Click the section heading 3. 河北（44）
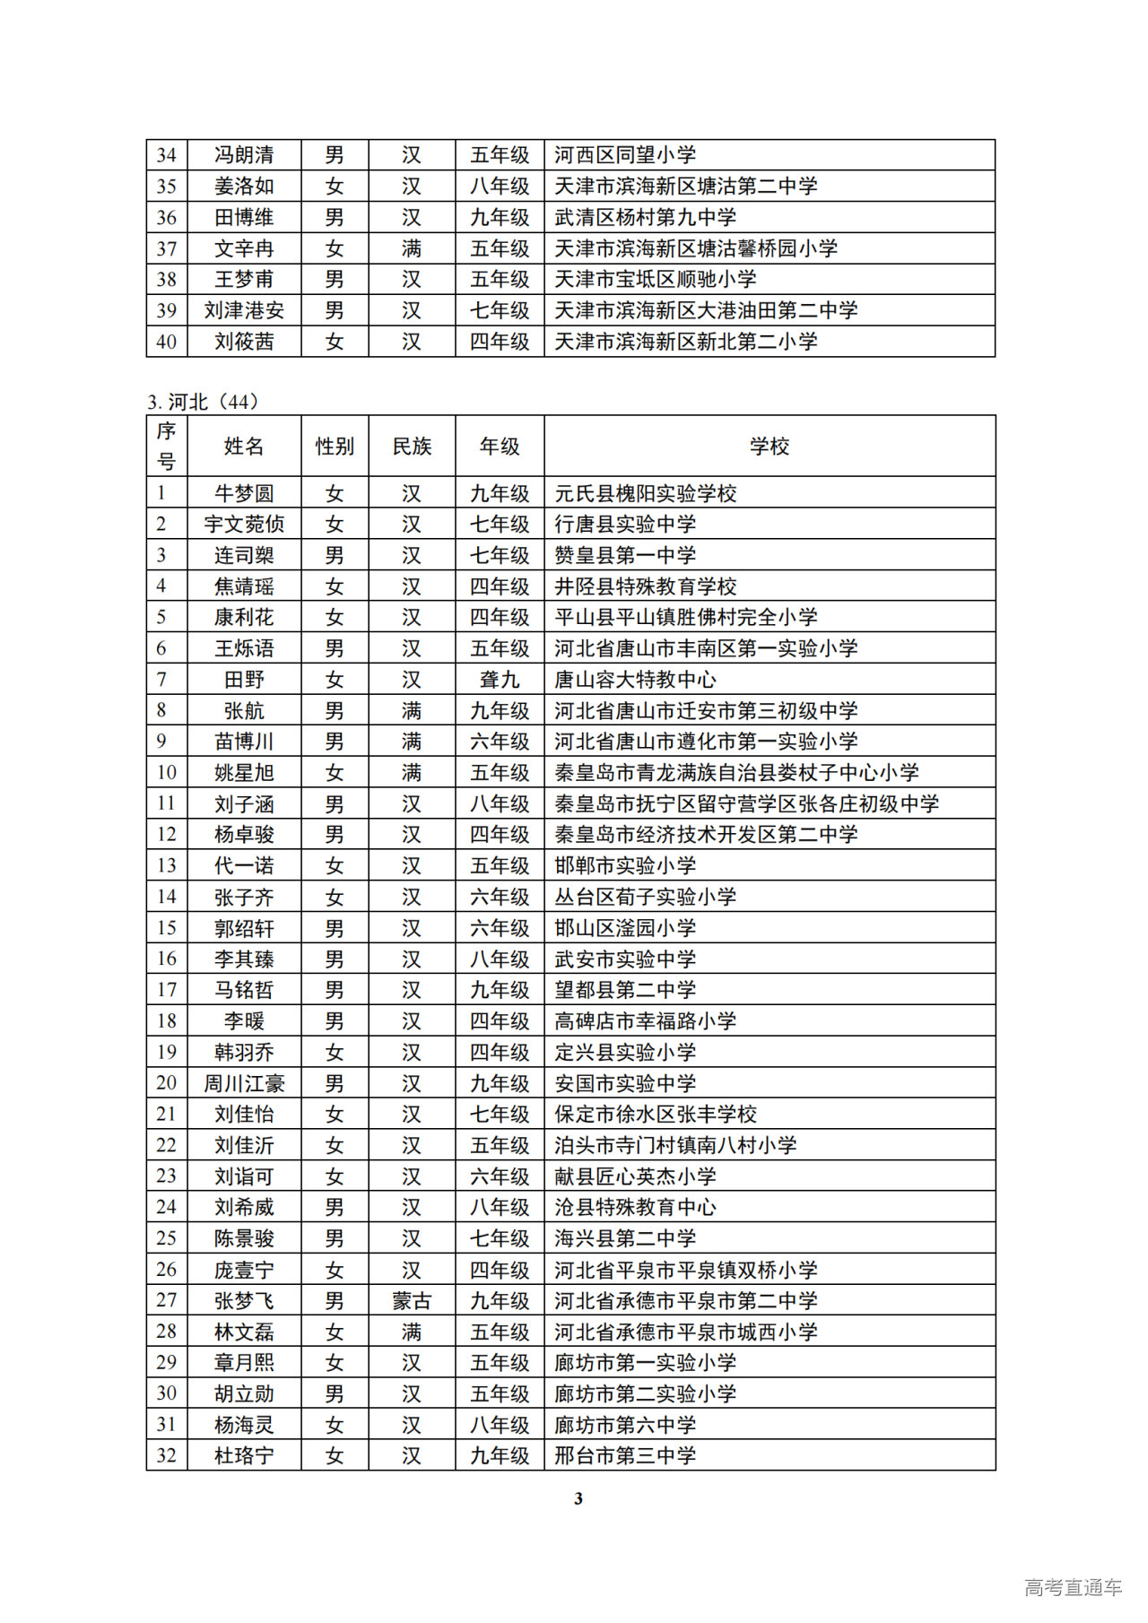click(x=204, y=402)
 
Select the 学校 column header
click(x=769, y=446)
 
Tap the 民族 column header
click(x=412, y=446)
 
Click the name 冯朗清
click(x=244, y=155)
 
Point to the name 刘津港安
click(x=244, y=310)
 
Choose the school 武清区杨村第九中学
click(x=645, y=217)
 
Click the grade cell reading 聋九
click(x=500, y=680)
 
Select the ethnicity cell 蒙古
click(x=412, y=1300)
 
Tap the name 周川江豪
click(x=244, y=1083)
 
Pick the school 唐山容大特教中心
click(x=635, y=680)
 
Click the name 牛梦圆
click(x=244, y=493)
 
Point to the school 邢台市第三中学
click(x=625, y=1455)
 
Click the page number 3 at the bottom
click(x=578, y=1498)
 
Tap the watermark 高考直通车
click(x=1073, y=1587)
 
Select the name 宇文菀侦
click(x=244, y=524)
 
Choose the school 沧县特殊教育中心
click(x=635, y=1207)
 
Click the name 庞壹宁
click(x=244, y=1270)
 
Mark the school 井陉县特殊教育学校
click(x=645, y=586)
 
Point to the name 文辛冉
click(x=244, y=248)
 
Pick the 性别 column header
click(x=335, y=446)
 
